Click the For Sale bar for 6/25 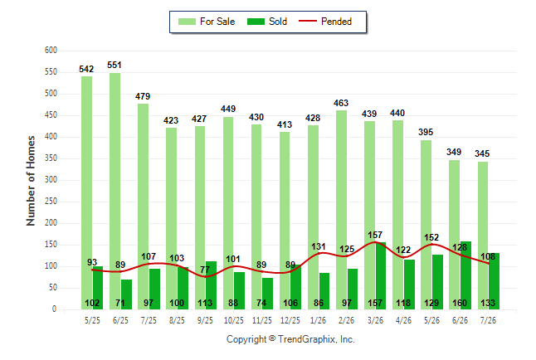coord(115,191)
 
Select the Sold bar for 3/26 coord(381,275)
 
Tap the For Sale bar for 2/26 coord(341,210)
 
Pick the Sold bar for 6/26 coord(465,275)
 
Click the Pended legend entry coord(325,22)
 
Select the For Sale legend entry coord(207,22)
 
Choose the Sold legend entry coord(267,22)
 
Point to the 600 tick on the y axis coord(51,51)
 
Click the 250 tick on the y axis coord(51,202)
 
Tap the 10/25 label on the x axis coord(234,320)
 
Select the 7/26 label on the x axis coord(488,320)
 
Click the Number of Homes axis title coord(31,181)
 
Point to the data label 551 coord(115,65)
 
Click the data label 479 coord(143,96)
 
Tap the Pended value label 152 coord(431,237)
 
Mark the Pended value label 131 coord(319,247)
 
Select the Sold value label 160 coord(460,303)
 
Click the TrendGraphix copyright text coord(290,339)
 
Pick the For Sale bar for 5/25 coord(86,192)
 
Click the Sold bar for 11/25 coord(268,294)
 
